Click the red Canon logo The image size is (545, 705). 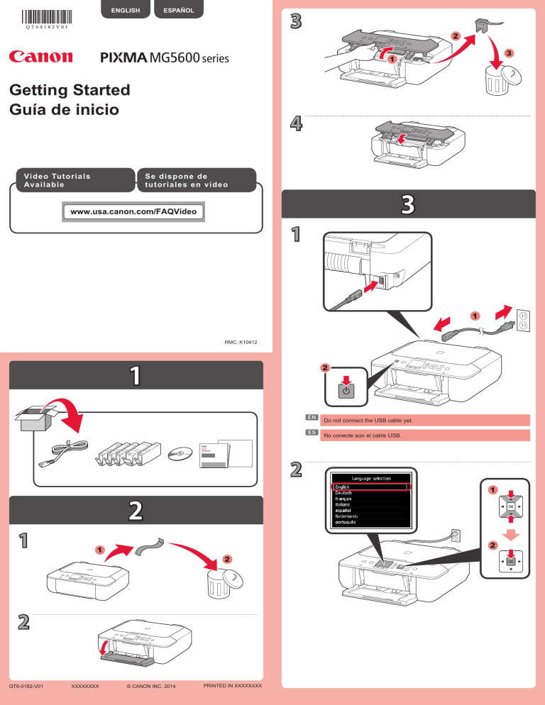[40, 57]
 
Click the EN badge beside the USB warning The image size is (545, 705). [310, 418]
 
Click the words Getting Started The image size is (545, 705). [70, 90]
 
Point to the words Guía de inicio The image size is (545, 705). [65, 110]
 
